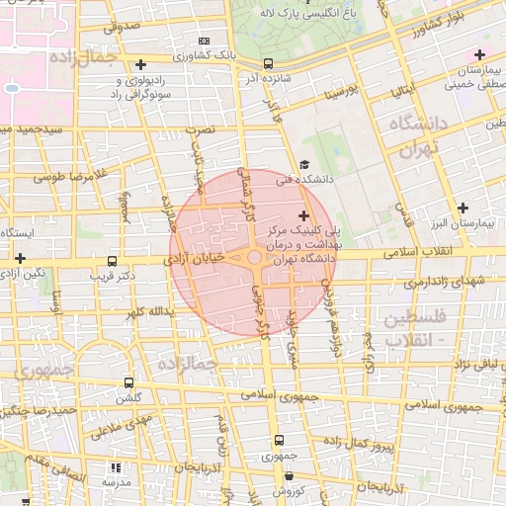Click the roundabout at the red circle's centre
point(254,259)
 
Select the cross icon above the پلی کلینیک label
point(302,216)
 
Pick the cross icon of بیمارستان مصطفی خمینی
point(479,54)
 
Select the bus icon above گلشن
point(128,382)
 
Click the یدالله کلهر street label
point(149,312)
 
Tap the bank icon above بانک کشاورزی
point(205,41)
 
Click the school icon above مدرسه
point(116,467)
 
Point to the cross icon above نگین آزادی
point(20,257)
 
